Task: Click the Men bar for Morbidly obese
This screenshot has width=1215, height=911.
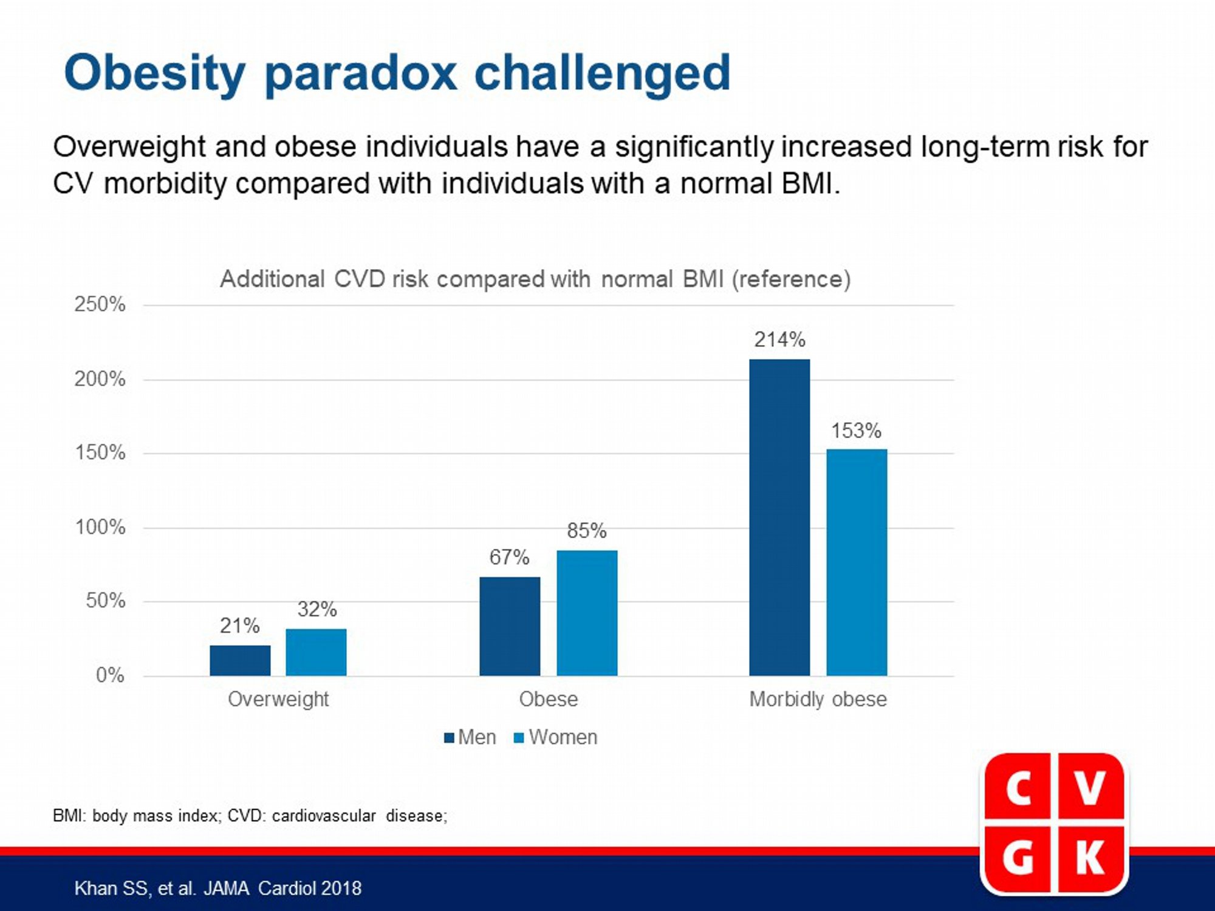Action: pyautogui.click(x=779, y=517)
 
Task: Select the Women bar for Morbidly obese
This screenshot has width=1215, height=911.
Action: pyautogui.click(x=857, y=562)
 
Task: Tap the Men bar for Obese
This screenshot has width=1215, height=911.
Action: pyautogui.click(x=510, y=626)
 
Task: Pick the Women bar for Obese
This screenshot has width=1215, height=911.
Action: pyautogui.click(x=587, y=613)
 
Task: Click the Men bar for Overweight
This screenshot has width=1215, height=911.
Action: pyautogui.click(x=240, y=661)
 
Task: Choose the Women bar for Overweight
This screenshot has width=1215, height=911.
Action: pyautogui.click(x=317, y=652)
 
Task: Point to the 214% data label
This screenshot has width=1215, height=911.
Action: pyautogui.click(x=780, y=339)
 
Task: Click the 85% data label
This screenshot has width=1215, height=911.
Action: pyautogui.click(x=587, y=531)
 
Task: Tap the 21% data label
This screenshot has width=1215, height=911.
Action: pyautogui.click(x=239, y=626)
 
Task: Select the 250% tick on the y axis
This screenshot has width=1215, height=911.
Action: pyautogui.click(x=100, y=304)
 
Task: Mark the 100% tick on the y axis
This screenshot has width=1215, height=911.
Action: pyautogui.click(x=100, y=527)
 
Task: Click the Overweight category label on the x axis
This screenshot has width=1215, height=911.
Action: pyautogui.click(x=278, y=700)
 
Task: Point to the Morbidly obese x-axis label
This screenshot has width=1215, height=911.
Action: pyautogui.click(x=818, y=699)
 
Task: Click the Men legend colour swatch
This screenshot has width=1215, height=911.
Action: pyautogui.click(x=450, y=738)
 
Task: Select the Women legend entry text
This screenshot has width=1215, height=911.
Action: pyautogui.click(x=563, y=737)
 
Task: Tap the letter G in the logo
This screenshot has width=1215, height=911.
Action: pyautogui.click(x=1018, y=859)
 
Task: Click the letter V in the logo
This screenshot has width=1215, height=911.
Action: pyautogui.click(x=1090, y=788)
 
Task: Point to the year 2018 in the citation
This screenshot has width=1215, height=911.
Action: pyautogui.click(x=341, y=889)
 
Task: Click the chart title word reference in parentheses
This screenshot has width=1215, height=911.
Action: pyautogui.click(x=791, y=279)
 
